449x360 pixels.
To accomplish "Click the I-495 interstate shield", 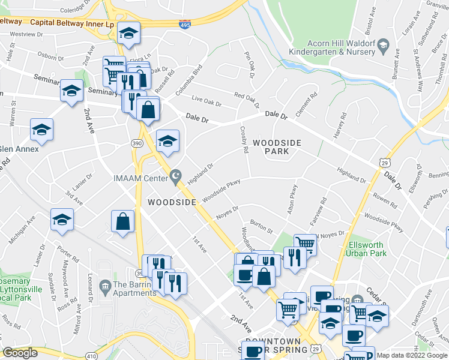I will [186, 25].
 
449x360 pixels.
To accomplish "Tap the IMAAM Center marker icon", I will [175, 177].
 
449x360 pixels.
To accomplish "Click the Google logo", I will [19, 353].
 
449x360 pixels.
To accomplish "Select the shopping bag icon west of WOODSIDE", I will [122, 221].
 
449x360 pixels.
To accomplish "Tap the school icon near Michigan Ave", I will [62, 220].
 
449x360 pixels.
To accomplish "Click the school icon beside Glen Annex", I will [41, 130].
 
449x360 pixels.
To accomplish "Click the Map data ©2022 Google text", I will [411, 355].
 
